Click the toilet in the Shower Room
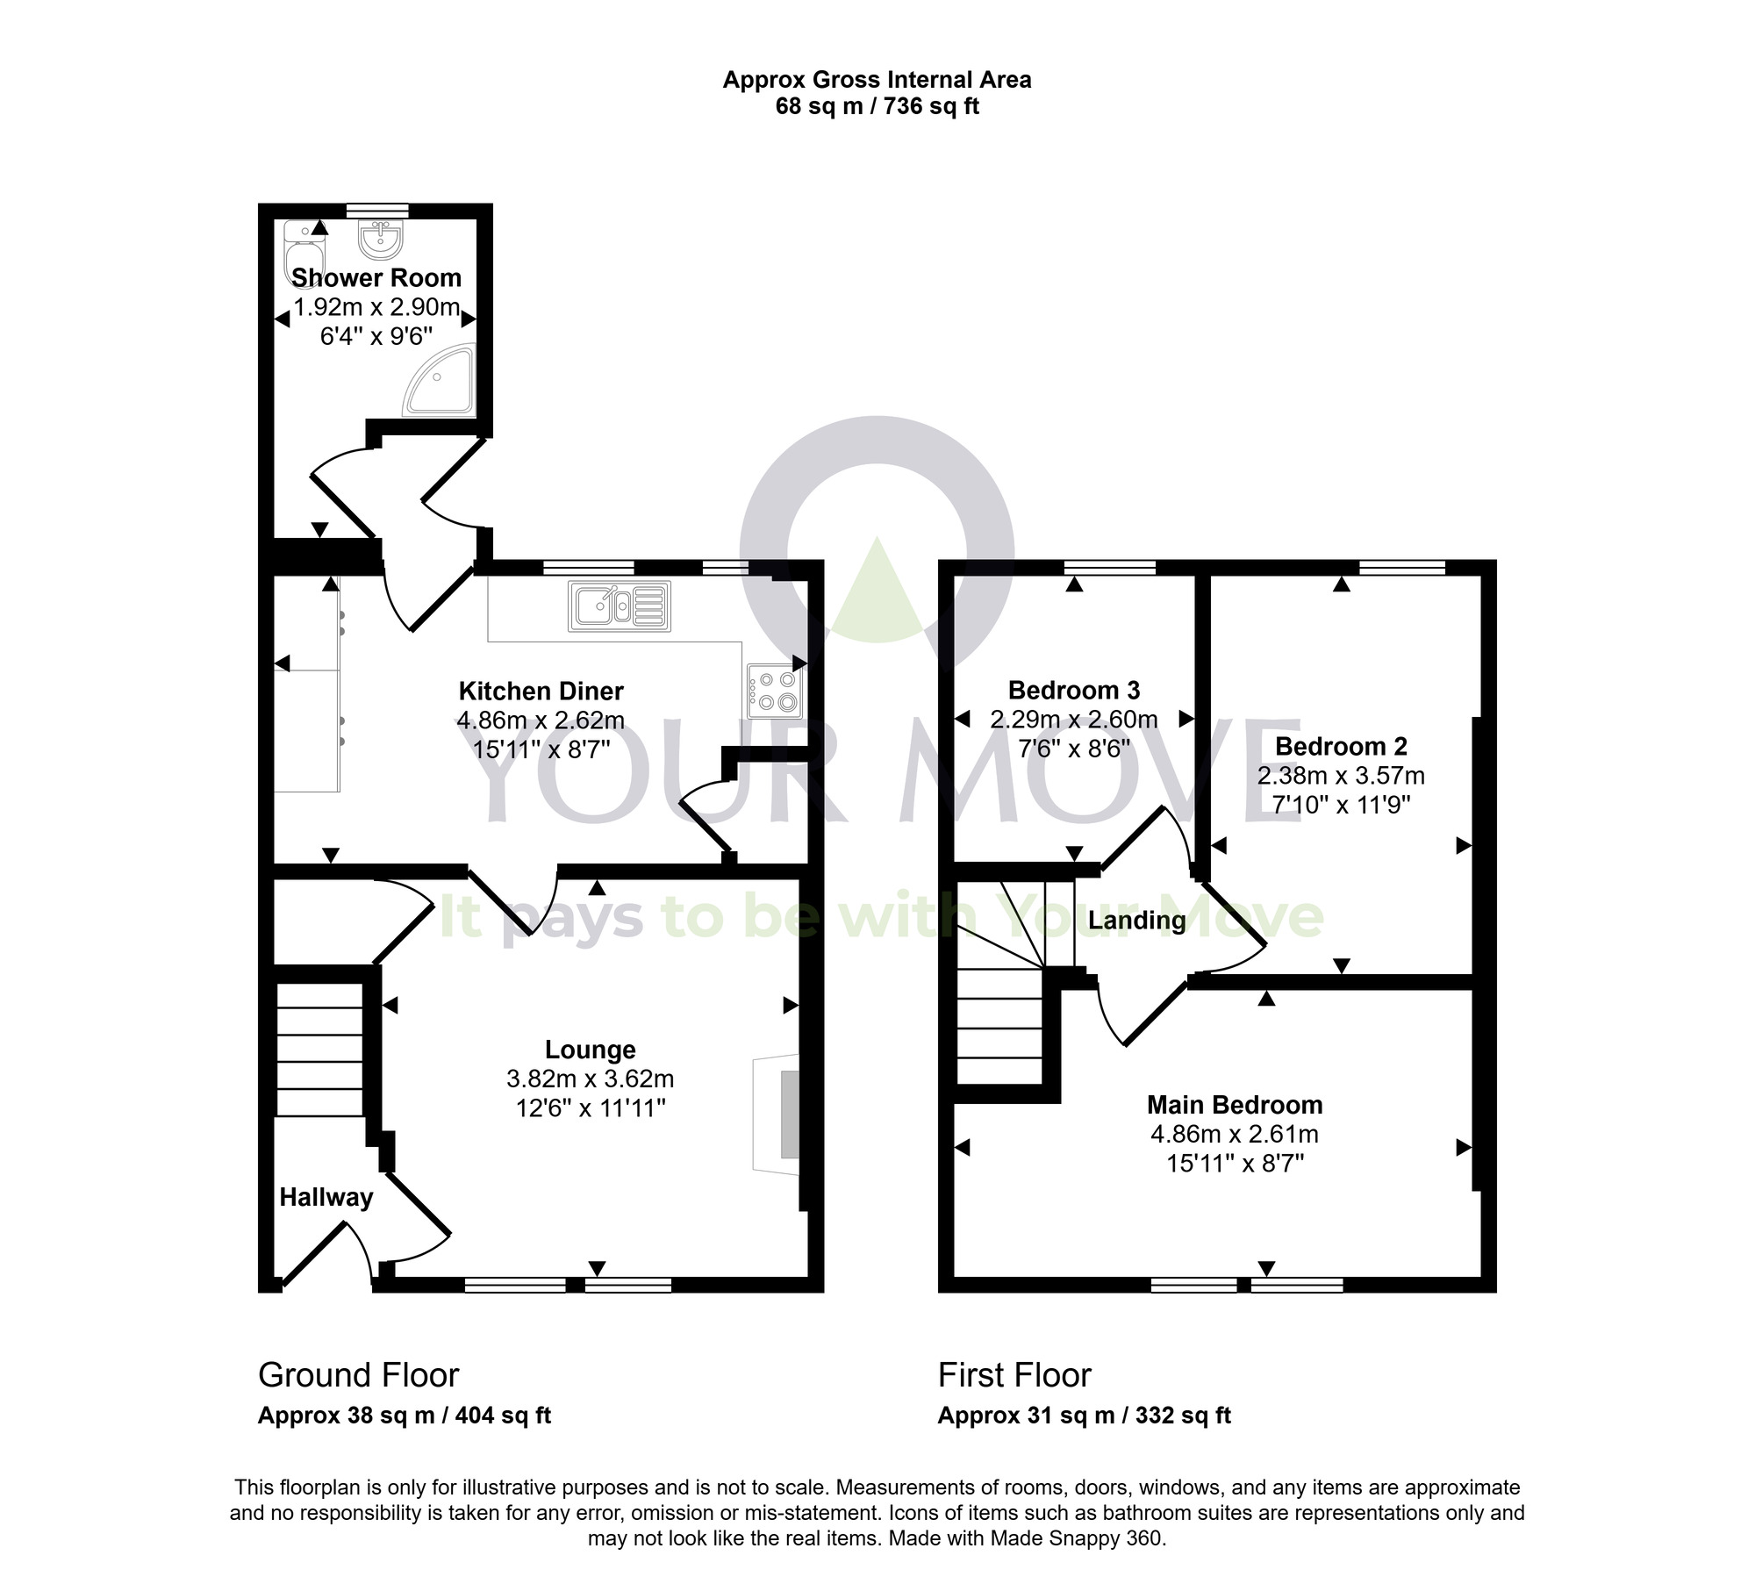(x=304, y=250)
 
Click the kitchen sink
(x=620, y=606)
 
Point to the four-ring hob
(x=773, y=690)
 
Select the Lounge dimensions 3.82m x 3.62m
(x=590, y=1078)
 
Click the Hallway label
(x=326, y=1197)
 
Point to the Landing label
(x=1136, y=921)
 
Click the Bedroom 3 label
(x=1073, y=690)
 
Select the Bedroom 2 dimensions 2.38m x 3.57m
(x=1341, y=776)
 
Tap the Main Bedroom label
(x=1234, y=1104)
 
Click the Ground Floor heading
(x=358, y=1375)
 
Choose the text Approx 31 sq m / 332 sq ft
(x=1084, y=1416)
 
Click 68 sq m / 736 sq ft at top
(x=877, y=107)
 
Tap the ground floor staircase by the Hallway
(x=319, y=1050)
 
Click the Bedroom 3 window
(x=1111, y=568)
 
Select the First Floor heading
(x=1014, y=1375)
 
